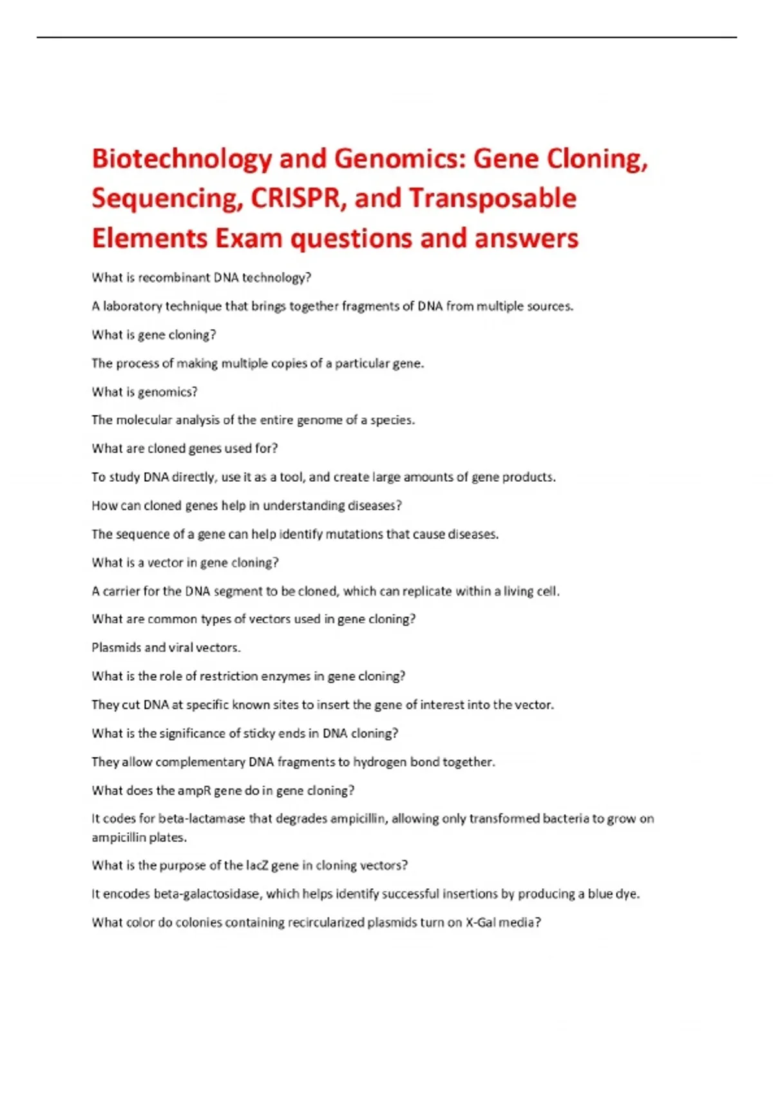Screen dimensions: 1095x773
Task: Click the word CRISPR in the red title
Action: pyautogui.click(x=294, y=198)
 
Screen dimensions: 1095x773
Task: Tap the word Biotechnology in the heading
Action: pyautogui.click(x=182, y=159)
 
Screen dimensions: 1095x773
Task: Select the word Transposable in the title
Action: pyautogui.click(x=493, y=198)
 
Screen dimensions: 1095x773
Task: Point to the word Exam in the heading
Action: pyautogui.click(x=249, y=238)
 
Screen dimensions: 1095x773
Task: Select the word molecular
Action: pyautogui.click(x=147, y=420)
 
